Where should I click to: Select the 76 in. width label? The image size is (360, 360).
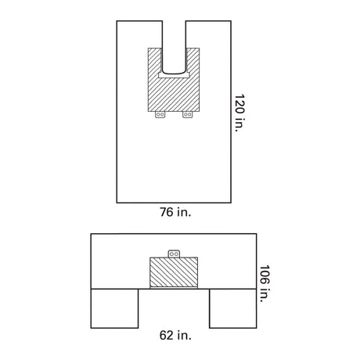click(175, 211)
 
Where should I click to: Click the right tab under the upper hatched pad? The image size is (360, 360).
click(187, 114)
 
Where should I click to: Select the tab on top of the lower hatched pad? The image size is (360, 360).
click(175, 254)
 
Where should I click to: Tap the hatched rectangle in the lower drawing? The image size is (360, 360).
click(175, 273)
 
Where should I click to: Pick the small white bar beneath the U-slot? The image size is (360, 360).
click(174, 76)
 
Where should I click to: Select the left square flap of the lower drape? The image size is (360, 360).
click(115, 308)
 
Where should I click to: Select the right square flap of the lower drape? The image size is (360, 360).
click(233, 308)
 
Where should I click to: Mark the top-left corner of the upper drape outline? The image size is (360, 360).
click(117, 20)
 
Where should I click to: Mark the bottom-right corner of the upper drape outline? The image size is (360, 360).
click(232, 202)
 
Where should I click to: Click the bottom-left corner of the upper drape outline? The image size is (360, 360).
click(117, 202)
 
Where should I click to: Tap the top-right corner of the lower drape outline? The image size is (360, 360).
click(257, 234)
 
